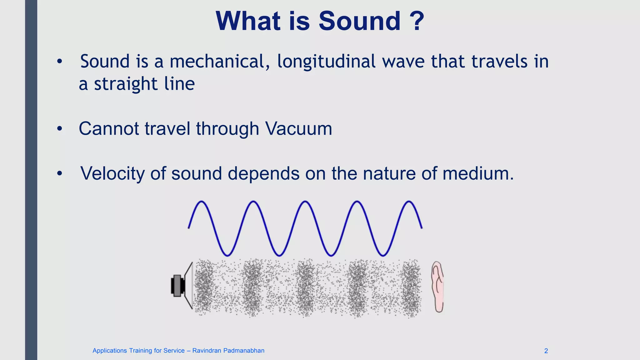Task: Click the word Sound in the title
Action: click(x=359, y=21)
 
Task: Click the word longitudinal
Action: click(x=326, y=62)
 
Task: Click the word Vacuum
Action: click(x=298, y=129)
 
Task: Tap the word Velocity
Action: click(x=112, y=174)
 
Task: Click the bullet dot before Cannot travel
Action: click(x=60, y=129)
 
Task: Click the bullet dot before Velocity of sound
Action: click(x=60, y=173)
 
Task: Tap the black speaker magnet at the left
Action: click(x=177, y=286)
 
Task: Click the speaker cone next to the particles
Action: click(x=189, y=286)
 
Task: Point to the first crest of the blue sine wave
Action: click(x=202, y=202)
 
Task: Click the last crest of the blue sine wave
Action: click(x=409, y=202)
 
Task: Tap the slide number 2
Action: click(x=546, y=351)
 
